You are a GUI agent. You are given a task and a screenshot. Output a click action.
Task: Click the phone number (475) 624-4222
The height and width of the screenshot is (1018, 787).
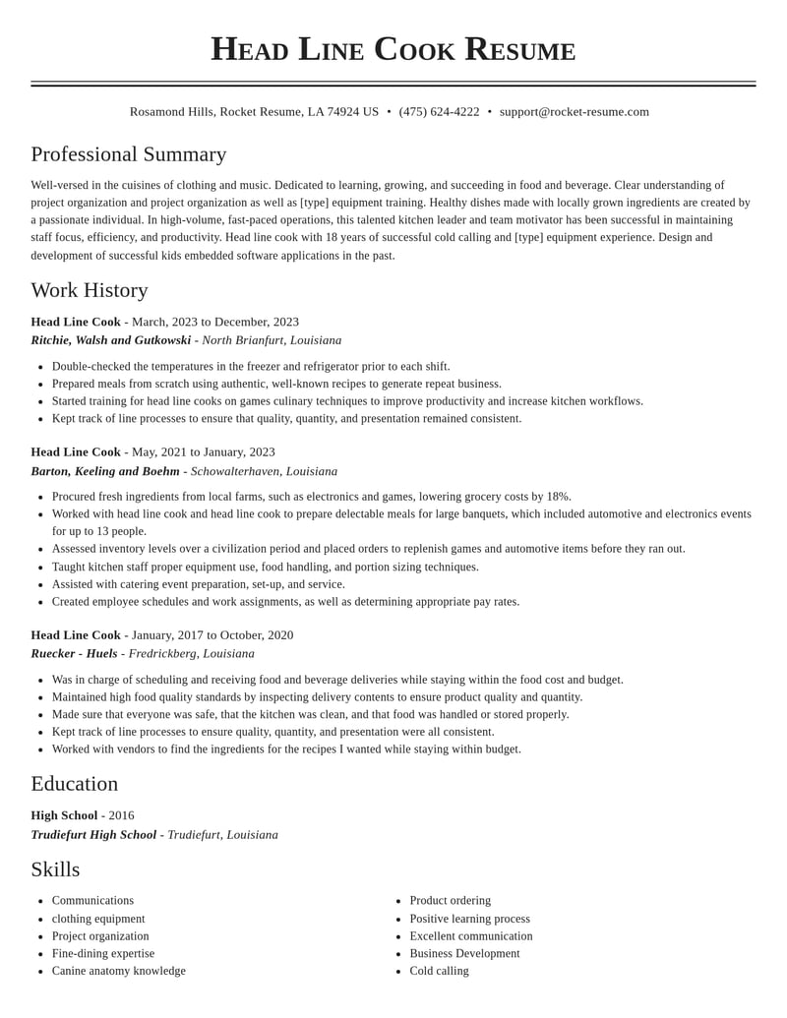click(x=439, y=112)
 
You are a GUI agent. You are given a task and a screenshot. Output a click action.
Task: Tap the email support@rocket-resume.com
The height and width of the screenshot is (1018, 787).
click(x=574, y=112)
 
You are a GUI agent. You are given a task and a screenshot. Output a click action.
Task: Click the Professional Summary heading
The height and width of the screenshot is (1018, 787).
click(x=129, y=154)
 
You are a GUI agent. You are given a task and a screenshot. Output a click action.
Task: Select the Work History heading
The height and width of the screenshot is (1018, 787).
click(x=90, y=290)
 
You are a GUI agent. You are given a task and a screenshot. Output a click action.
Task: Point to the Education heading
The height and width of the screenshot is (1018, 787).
click(x=75, y=784)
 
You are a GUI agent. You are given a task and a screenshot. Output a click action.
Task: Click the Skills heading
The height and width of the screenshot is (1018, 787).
click(x=55, y=869)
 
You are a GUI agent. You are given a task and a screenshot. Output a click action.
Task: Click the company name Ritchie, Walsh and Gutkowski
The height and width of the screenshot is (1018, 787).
click(x=111, y=340)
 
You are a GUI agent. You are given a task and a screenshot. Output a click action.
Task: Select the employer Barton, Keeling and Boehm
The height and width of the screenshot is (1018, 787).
click(x=105, y=471)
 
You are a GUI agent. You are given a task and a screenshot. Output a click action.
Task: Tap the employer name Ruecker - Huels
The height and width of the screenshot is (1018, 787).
click(x=74, y=653)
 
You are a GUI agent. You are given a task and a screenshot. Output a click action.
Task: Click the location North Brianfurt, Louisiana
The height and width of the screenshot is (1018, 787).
click(x=272, y=340)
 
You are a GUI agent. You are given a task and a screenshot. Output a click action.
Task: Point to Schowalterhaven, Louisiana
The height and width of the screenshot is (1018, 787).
click(x=264, y=471)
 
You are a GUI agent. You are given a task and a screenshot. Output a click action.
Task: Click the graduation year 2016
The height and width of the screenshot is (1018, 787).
click(x=121, y=815)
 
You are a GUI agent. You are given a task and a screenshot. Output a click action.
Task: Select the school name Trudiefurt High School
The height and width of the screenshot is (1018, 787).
click(x=93, y=835)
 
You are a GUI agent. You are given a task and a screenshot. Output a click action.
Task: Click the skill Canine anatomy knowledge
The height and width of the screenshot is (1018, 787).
click(x=119, y=971)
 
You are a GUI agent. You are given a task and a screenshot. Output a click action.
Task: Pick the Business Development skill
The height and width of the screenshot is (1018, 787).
click(x=464, y=953)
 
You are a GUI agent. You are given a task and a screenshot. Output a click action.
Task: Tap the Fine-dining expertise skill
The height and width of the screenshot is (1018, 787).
click(x=103, y=953)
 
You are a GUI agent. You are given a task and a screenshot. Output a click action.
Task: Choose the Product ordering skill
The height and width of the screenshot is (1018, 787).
click(x=450, y=900)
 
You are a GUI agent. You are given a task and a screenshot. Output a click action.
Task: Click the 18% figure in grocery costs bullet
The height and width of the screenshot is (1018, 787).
click(x=558, y=497)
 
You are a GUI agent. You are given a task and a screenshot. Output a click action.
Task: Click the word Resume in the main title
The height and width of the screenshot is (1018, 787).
click(x=519, y=49)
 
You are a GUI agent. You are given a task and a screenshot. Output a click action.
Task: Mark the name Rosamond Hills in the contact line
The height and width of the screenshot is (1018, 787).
click(x=171, y=112)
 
